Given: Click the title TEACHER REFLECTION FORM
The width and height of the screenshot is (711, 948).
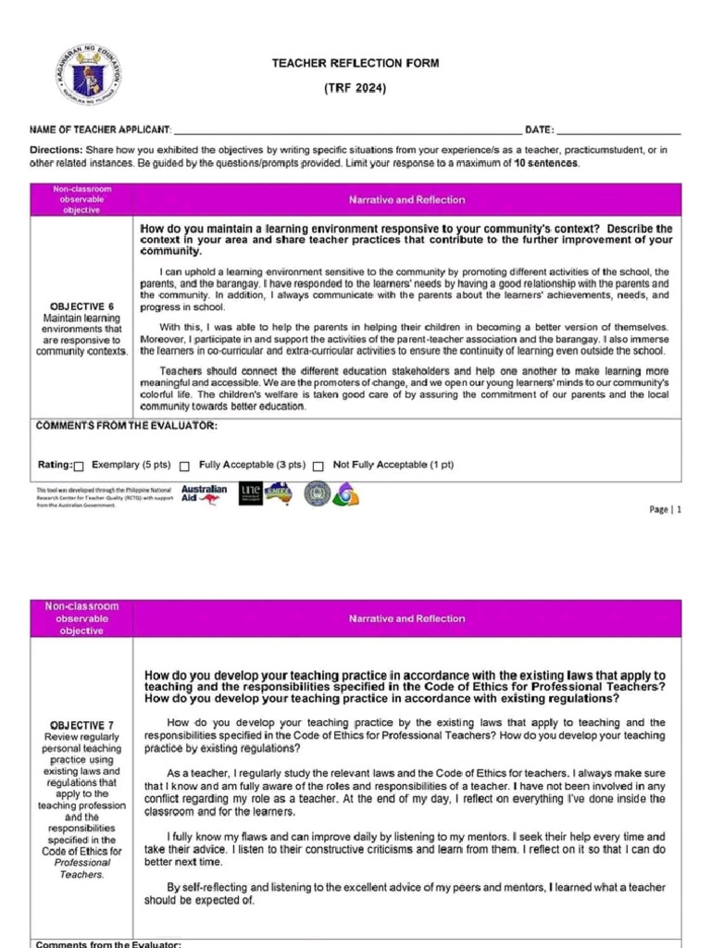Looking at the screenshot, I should tap(355, 63).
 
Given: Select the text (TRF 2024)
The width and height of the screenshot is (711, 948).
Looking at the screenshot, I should tap(355, 88).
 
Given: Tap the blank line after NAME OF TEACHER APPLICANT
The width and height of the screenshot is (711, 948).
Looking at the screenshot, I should tap(347, 131).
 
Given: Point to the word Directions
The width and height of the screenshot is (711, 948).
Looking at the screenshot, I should tap(56, 149).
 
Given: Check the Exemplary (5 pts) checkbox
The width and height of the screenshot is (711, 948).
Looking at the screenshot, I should tap(79, 467).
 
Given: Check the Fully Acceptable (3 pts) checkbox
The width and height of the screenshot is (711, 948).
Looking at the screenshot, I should tap(185, 467).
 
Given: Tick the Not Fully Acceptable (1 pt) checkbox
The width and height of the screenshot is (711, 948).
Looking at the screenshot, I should tap(318, 467).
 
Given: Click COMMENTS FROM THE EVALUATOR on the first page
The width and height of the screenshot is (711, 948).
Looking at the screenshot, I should tap(126, 426).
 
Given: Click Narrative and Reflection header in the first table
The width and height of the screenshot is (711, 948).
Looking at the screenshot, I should tap(406, 200).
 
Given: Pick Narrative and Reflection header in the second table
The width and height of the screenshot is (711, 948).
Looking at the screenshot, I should tap(406, 618).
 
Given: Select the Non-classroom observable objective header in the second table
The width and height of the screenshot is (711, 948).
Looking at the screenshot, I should tap(82, 618).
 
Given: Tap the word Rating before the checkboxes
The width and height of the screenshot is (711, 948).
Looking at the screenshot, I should tap(54, 465).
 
